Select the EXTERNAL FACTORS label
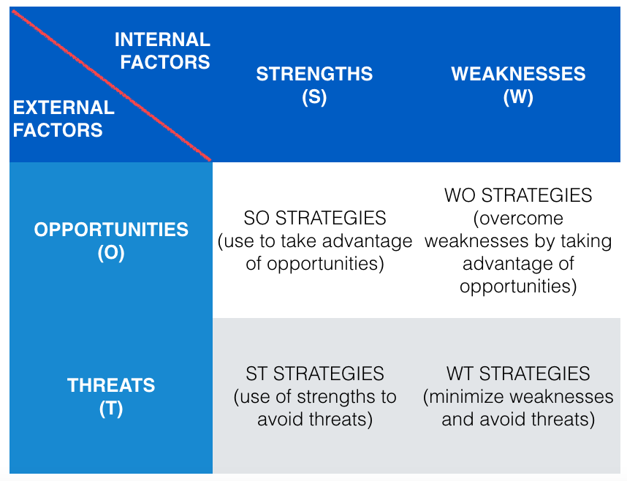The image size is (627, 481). click(x=63, y=118)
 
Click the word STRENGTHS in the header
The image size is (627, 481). click(x=314, y=74)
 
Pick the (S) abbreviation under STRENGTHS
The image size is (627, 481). click(x=314, y=97)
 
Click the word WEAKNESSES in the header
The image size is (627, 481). click(x=518, y=74)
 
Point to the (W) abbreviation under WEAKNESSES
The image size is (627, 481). click(x=518, y=97)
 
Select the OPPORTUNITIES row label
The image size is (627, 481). click(x=111, y=230)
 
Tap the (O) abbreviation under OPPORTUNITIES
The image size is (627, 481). click(x=111, y=253)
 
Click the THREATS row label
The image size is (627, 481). click(x=111, y=385)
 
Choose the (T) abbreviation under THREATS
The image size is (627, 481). click(x=111, y=409)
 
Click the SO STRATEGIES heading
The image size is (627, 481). click(x=315, y=218)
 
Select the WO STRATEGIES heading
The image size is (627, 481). click(x=518, y=196)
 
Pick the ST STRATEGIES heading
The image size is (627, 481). click(x=315, y=374)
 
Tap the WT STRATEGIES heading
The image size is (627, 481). click(x=518, y=374)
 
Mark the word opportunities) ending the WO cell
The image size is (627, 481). click(x=518, y=286)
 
